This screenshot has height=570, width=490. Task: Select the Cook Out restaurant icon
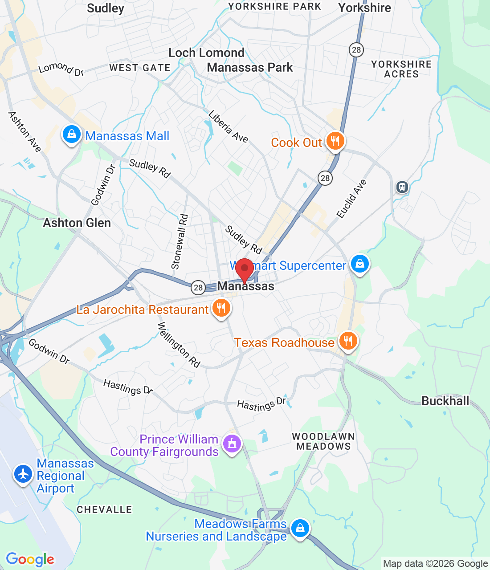pyautogui.click(x=335, y=141)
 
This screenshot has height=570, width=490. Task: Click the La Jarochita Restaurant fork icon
pyautogui.click(x=221, y=308)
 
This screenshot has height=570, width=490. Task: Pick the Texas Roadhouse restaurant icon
pyautogui.click(x=348, y=341)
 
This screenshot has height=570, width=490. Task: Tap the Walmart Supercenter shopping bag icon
pyautogui.click(x=360, y=264)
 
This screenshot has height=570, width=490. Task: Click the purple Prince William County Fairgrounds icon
pyautogui.click(x=232, y=444)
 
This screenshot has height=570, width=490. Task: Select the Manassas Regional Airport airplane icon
pyautogui.click(x=23, y=473)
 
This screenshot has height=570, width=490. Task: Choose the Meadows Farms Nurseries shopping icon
pyautogui.click(x=300, y=528)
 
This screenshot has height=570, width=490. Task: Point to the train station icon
pyautogui.click(x=402, y=187)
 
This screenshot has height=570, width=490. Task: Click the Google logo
pyautogui.click(x=30, y=559)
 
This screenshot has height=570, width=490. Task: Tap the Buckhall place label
pyautogui.click(x=445, y=401)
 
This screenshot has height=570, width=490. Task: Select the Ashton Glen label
pyautogui.click(x=77, y=223)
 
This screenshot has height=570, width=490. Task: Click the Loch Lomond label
pyautogui.click(x=206, y=53)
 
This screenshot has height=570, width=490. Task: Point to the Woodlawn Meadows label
pyautogui.click(x=323, y=441)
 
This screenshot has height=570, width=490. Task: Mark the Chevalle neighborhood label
pyautogui.click(x=104, y=509)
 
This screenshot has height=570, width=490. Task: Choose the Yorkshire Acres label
pyautogui.click(x=401, y=69)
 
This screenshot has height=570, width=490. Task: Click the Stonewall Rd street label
pyautogui.click(x=180, y=242)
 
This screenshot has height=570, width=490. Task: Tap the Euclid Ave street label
pyautogui.click(x=351, y=199)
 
